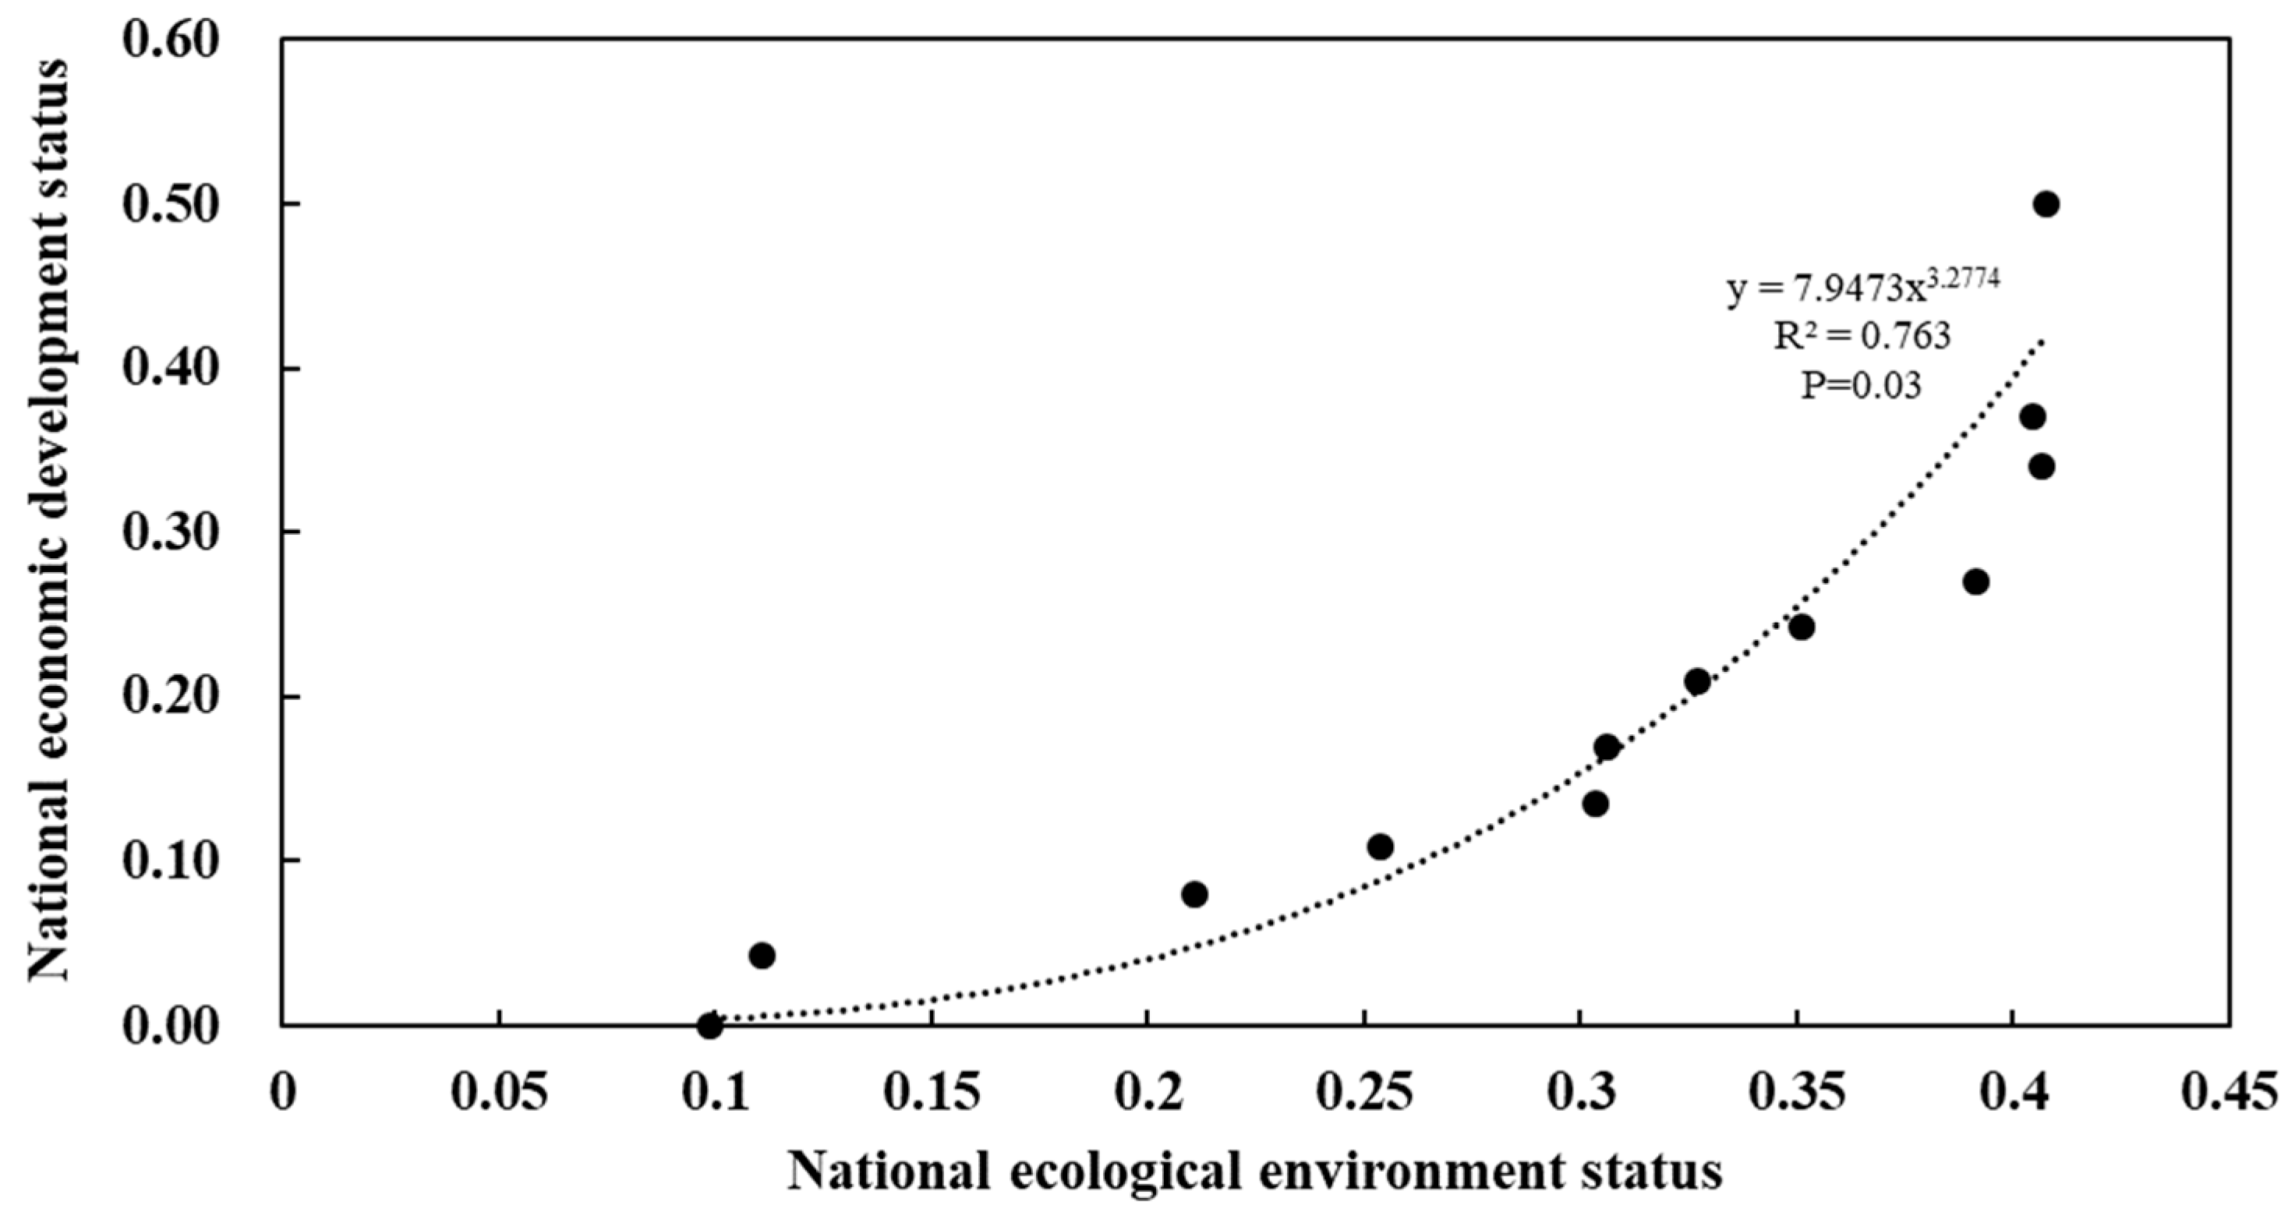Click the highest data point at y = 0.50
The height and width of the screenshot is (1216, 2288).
(2046, 204)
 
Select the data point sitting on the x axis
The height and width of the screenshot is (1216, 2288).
(709, 1025)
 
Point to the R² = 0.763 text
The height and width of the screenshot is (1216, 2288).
(1862, 336)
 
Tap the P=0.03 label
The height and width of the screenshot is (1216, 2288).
(1861, 384)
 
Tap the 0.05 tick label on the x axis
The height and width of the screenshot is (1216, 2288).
(499, 1093)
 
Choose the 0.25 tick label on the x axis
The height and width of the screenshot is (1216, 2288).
(1364, 1093)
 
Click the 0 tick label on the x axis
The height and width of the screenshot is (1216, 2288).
(282, 1093)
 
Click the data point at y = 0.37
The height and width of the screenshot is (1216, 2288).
(2033, 416)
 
